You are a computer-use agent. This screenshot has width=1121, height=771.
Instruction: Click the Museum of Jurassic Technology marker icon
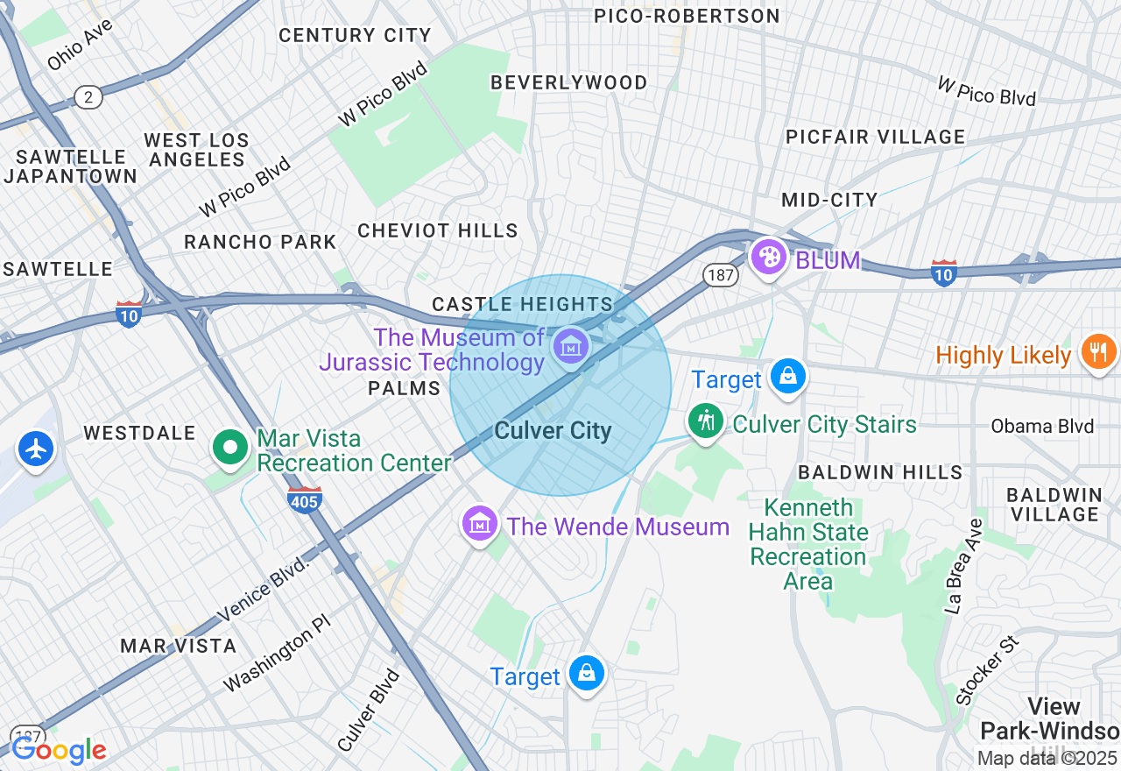(x=571, y=347)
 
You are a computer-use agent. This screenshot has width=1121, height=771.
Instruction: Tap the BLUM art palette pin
(x=768, y=257)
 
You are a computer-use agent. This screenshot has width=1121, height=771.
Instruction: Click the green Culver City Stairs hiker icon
(x=705, y=421)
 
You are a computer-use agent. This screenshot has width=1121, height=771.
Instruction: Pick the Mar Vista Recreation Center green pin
(x=230, y=448)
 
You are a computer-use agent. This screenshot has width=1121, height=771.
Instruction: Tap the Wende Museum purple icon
(x=479, y=524)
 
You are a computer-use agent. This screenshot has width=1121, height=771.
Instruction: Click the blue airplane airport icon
(x=36, y=449)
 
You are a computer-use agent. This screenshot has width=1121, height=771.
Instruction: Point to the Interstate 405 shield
(x=304, y=499)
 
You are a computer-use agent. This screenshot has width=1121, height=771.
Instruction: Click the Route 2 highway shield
(x=88, y=96)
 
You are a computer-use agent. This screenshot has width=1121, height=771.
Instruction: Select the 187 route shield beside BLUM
(x=720, y=275)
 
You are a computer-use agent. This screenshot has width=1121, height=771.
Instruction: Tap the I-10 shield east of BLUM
(x=944, y=272)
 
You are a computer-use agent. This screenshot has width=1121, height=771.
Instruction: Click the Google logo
(x=59, y=750)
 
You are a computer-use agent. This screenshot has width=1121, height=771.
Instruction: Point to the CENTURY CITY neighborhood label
(x=355, y=36)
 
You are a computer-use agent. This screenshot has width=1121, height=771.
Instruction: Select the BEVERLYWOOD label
(x=569, y=83)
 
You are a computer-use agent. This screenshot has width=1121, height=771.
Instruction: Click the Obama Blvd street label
(x=1042, y=427)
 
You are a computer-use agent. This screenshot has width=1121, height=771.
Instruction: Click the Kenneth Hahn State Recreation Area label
(x=807, y=544)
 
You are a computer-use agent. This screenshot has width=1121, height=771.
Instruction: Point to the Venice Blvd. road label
(x=264, y=589)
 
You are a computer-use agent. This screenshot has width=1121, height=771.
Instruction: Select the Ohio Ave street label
(x=81, y=45)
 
